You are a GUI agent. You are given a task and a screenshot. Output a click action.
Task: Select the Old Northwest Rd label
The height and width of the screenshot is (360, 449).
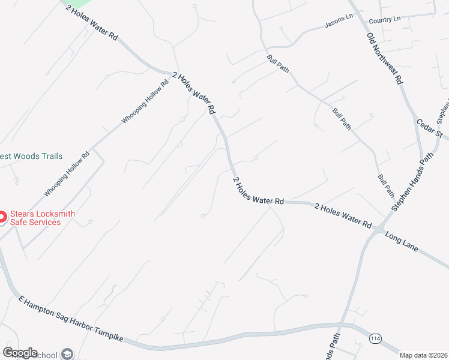click(x=385, y=58)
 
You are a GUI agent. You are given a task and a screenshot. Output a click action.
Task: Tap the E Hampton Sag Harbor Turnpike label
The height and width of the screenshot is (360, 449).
click(x=70, y=319)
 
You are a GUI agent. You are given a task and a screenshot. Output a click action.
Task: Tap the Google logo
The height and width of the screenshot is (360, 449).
click(x=20, y=353)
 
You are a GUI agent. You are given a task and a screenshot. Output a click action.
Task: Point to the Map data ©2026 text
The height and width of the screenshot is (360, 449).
click(x=424, y=355)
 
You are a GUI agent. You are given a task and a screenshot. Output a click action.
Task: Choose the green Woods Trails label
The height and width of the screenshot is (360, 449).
click(x=31, y=156)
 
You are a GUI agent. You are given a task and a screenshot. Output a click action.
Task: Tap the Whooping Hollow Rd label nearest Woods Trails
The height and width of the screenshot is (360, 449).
click(x=67, y=173)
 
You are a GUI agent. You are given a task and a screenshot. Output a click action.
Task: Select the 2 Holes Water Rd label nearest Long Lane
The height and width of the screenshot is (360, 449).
click(x=343, y=215)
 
